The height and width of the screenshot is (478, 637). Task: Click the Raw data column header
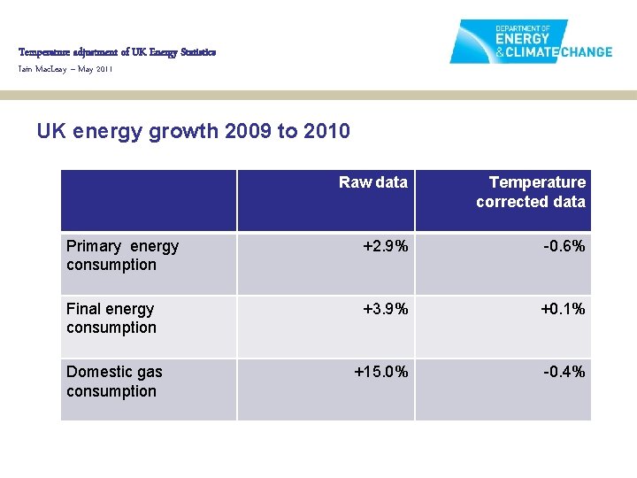point(372,182)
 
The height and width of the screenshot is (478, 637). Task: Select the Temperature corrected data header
point(531,192)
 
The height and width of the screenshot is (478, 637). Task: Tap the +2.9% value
point(386,246)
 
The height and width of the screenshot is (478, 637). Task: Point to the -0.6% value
point(564,246)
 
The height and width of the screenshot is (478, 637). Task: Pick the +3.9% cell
point(386,309)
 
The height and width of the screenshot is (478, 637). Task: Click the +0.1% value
point(563,309)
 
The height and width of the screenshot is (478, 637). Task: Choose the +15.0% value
point(381,372)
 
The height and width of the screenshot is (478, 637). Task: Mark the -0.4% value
point(564,372)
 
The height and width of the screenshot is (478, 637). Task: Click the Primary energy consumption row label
point(122,255)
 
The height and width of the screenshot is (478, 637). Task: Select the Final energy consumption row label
point(111,318)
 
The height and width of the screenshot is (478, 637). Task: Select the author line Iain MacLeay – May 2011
point(65,69)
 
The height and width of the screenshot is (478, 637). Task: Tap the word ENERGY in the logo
point(522,39)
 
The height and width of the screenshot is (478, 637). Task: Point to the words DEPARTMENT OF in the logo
point(523,27)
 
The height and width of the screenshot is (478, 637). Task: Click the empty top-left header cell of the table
point(149,201)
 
